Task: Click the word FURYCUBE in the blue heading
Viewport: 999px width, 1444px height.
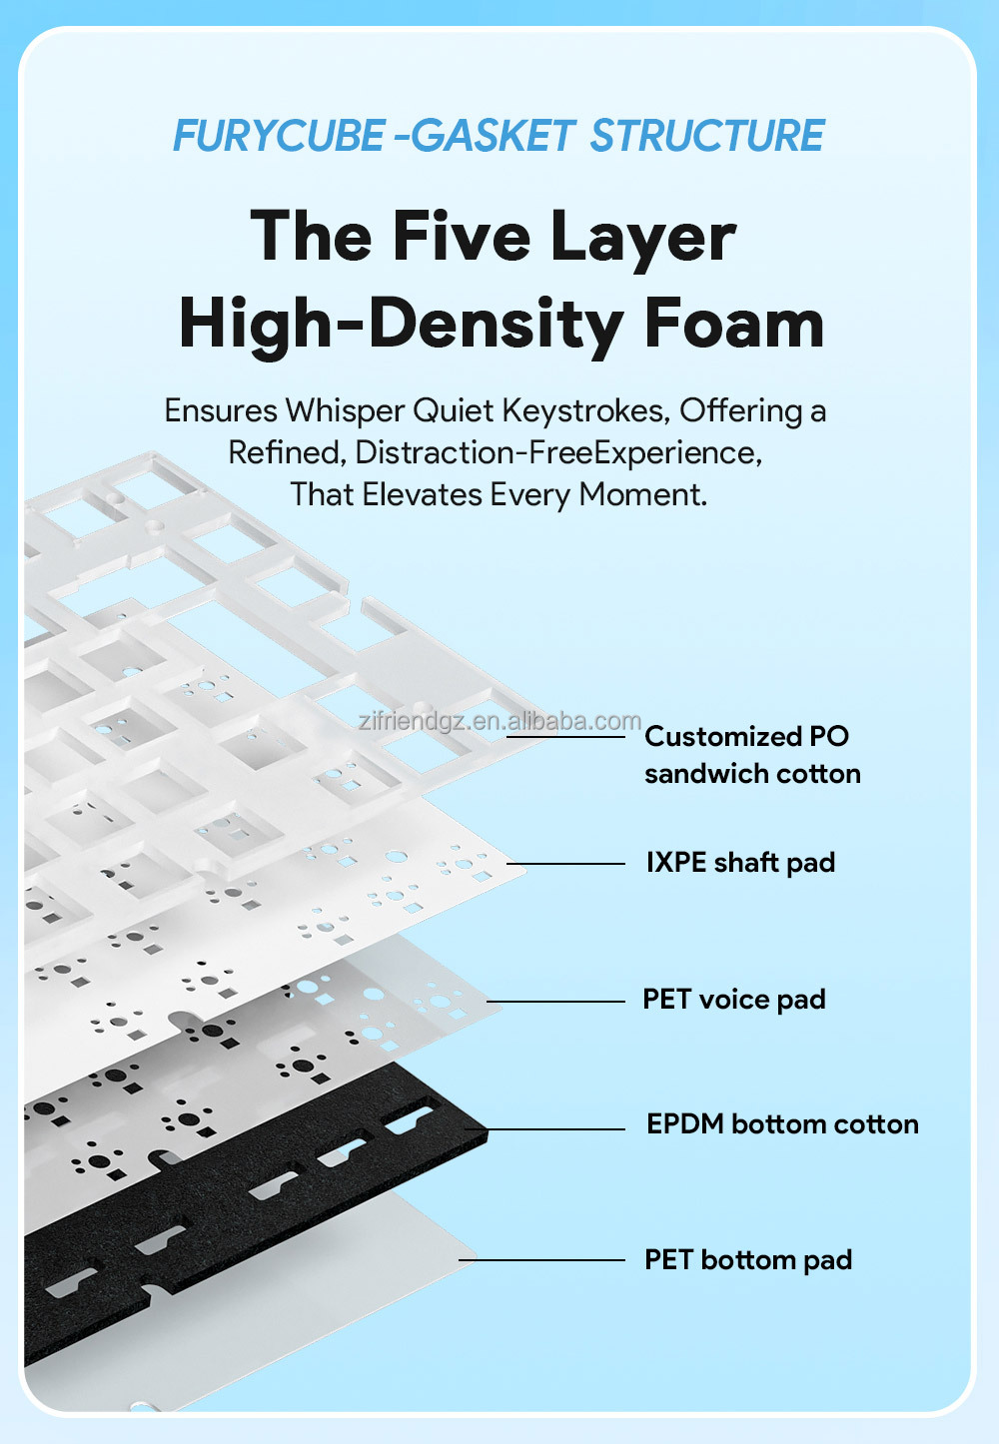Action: tap(279, 136)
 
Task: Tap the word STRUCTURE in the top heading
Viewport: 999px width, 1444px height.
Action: tap(707, 136)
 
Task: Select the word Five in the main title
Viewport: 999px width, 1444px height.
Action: tap(461, 237)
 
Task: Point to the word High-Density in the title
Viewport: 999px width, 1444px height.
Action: tap(401, 325)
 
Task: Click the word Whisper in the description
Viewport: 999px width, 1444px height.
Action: tap(345, 410)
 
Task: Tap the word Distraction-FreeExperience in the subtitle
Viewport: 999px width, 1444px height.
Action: tap(557, 452)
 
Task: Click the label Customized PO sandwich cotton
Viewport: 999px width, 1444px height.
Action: tap(751, 755)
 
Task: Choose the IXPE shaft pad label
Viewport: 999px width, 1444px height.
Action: tap(740, 863)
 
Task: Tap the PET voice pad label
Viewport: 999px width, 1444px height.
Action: tap(734, 1000)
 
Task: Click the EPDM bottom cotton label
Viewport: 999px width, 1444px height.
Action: tap(782, 1124)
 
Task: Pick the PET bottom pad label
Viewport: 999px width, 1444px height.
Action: tap(748, 1260)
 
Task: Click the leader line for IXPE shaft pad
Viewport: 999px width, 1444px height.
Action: tap(565, 864)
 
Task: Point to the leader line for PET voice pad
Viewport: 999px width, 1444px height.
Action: tap(555, 1002)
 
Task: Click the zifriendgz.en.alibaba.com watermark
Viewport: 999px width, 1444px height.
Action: tap(499, 721)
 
